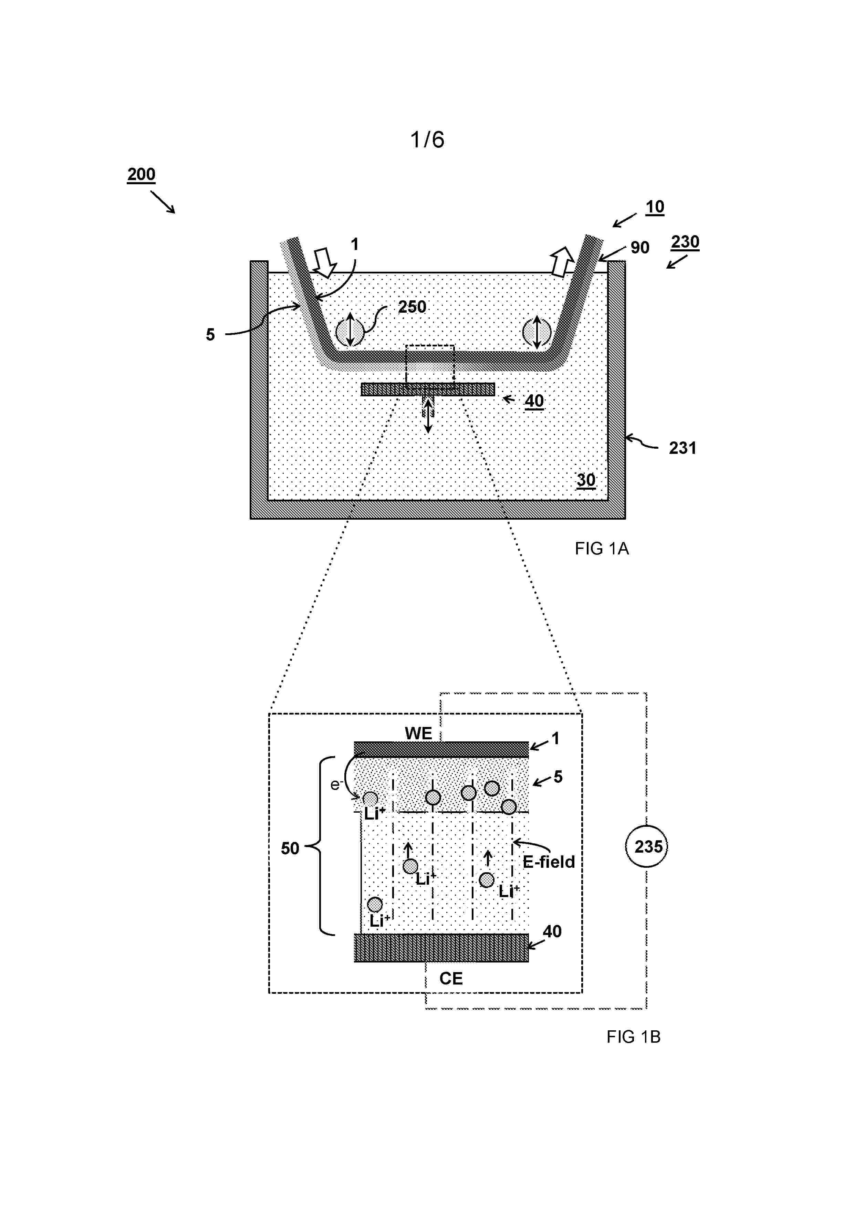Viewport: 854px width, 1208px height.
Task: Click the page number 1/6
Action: [427, 139]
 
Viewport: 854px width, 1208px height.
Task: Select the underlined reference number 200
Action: [141, 174]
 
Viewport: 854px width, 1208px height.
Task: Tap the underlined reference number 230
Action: [685, 242]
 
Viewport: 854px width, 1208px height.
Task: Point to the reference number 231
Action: [683, 448]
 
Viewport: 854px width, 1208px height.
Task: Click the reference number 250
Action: [412, 307]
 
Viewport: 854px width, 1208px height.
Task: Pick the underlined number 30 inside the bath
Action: [586, 480]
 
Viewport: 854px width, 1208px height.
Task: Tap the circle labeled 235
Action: [646, 846]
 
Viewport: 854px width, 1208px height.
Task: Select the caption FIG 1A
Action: [602, 549]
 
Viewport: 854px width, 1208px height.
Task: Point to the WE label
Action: [418, 733]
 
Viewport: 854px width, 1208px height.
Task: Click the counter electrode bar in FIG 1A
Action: [428, 389]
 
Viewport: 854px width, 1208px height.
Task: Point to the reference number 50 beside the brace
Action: [290, 848]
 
